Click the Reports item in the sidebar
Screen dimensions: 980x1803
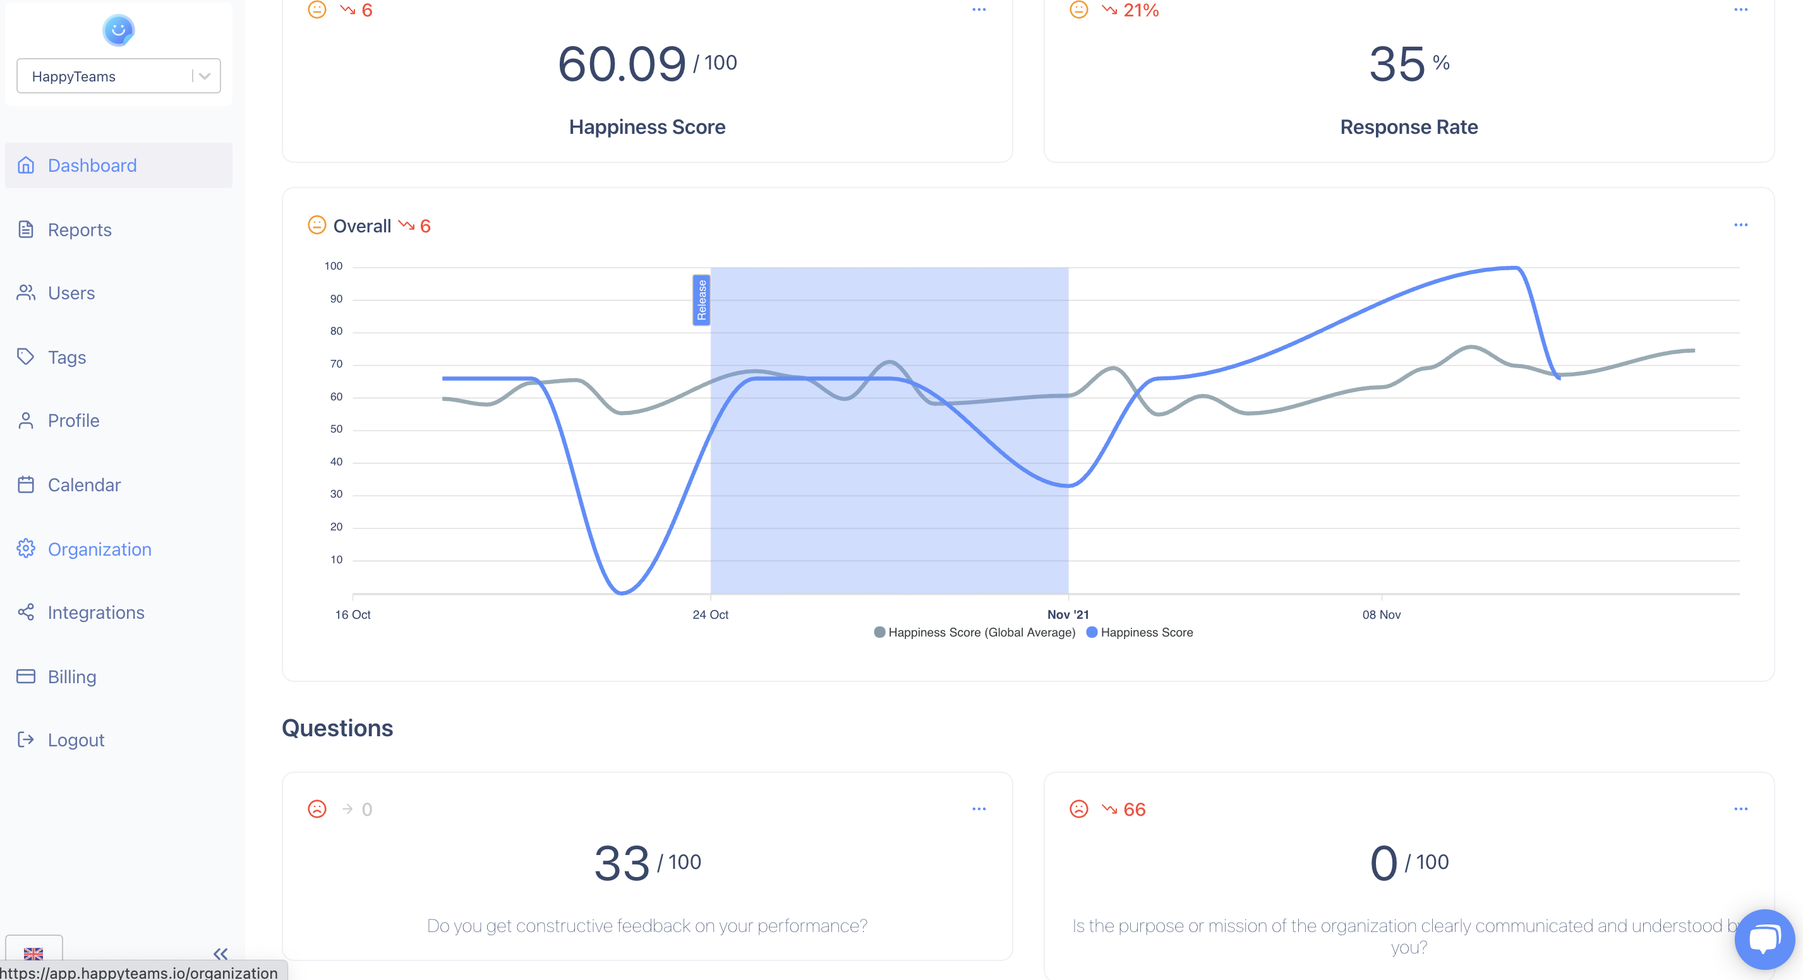(79, 229)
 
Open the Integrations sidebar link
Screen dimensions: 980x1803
(95, 612)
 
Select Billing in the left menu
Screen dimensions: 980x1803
(71, 677)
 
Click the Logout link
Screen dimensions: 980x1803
(76, 740)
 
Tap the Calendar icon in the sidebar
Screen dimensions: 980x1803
(26, 485)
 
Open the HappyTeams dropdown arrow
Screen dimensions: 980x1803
(205, 76)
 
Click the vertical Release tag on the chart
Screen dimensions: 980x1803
(701, 300)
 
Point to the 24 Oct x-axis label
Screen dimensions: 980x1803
(711, 614)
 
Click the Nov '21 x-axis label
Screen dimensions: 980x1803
(1068, 614)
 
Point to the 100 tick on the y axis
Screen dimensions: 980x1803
(333, 266)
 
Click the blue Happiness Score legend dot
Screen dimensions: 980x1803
(1092, 632)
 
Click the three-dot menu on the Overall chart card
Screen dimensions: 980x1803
(1740, 225)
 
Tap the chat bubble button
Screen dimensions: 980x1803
(1764, 939)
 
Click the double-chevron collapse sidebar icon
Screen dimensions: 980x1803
(220, 953)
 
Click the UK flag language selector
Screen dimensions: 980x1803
(33, 953)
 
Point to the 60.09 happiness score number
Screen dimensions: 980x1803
(622, 64)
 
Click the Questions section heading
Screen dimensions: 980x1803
(337, 728)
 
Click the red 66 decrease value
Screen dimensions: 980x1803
(1134, 810)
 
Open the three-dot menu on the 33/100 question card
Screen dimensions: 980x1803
(979, 809)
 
